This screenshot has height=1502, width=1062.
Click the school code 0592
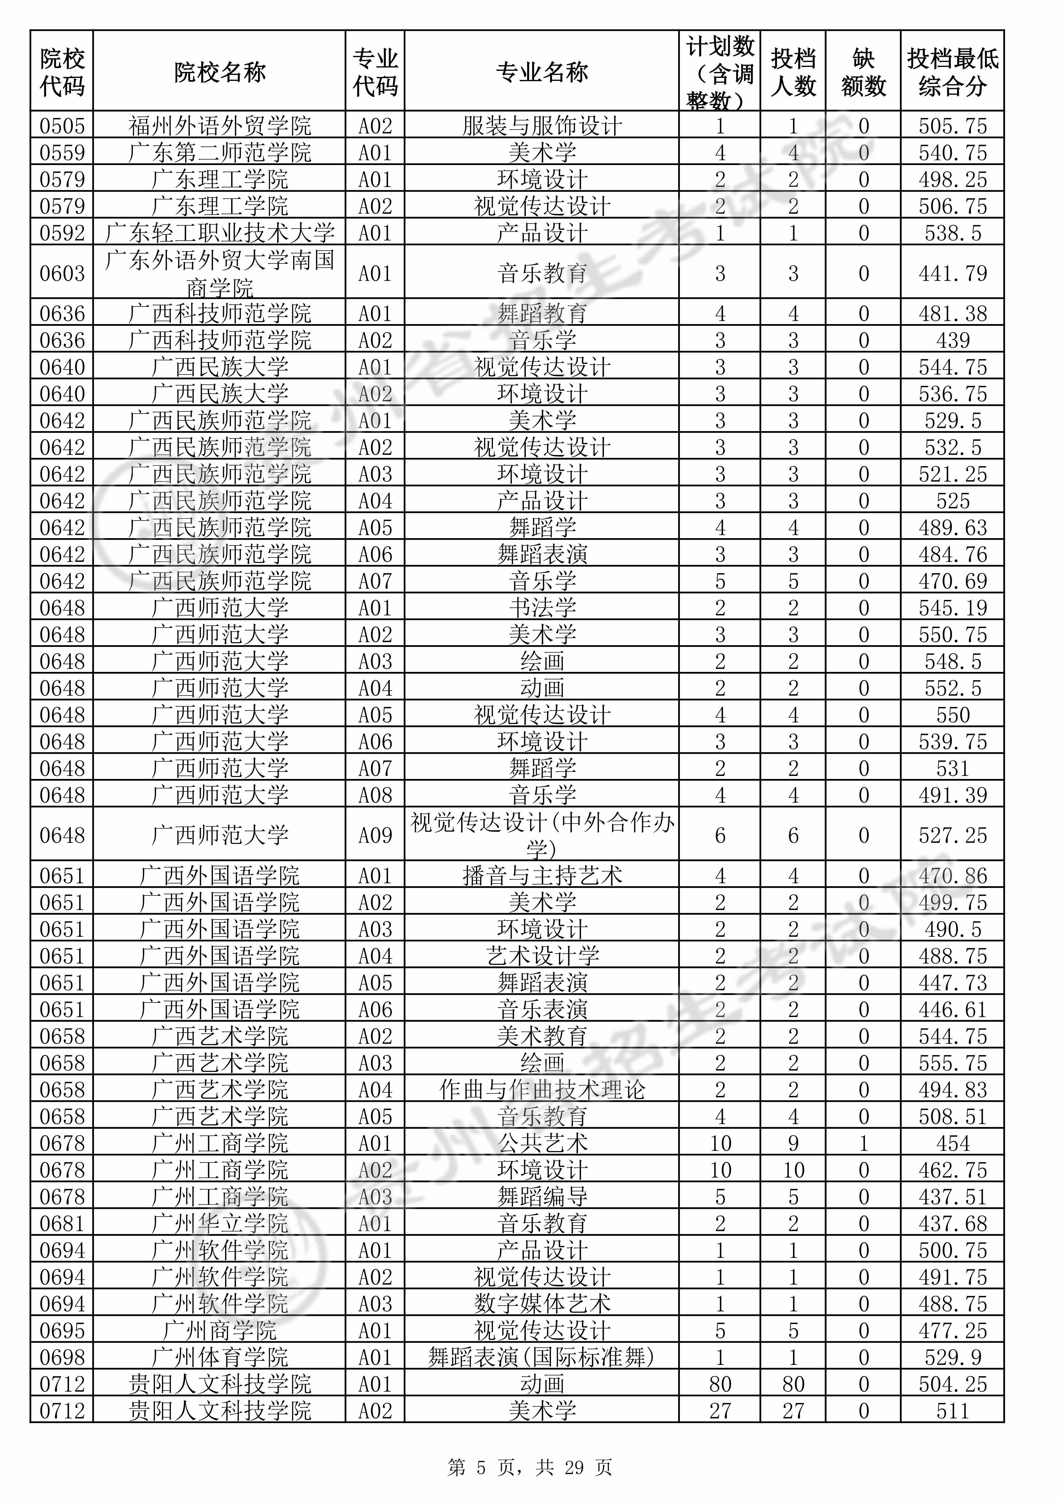[x=62, y=233]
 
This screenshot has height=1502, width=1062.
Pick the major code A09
[x=375, y=835]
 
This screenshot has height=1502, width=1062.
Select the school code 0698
[x=62, y=1358]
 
